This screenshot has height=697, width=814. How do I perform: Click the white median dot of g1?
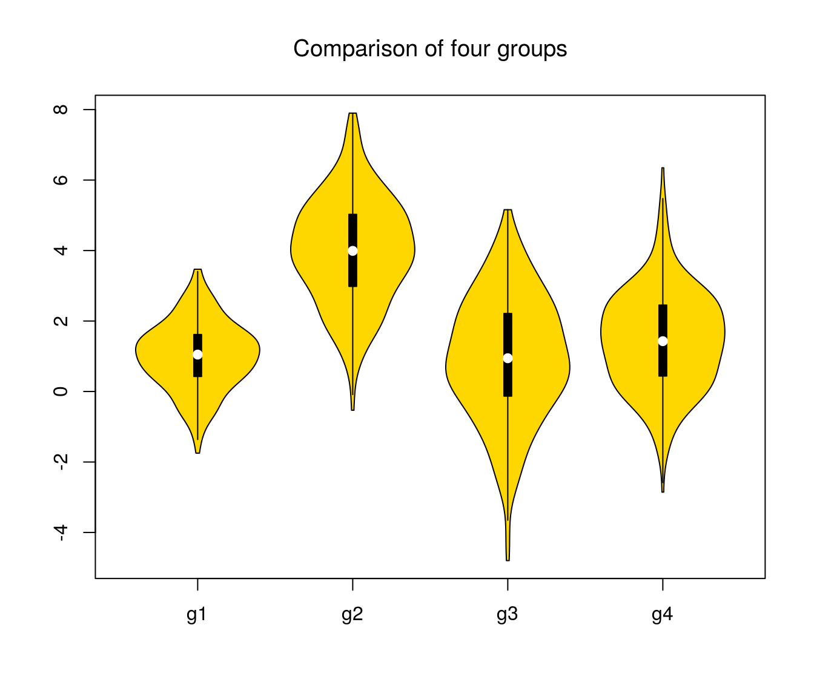(197, 355)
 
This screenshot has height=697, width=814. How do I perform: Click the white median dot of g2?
(352, 250)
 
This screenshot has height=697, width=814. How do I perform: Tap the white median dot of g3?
(508, 358)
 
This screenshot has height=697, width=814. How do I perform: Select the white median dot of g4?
(663, 341)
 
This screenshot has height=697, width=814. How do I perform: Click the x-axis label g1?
(197, 615)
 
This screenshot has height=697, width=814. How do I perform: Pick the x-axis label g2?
(352, 615)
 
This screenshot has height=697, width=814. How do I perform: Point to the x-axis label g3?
(508, 615)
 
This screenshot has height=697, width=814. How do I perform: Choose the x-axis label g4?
(663, 615)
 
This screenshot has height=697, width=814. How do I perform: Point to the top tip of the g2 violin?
(352, 114)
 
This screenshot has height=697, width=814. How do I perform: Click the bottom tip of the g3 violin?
(508, 560)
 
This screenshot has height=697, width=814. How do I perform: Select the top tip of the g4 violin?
(663, 169)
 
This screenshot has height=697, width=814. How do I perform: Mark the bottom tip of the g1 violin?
(197, 452)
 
